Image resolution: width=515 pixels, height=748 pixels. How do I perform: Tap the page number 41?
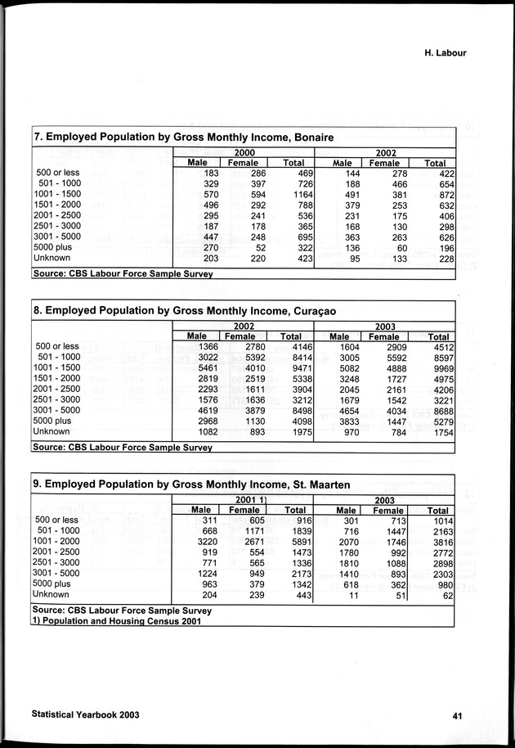point(458,715)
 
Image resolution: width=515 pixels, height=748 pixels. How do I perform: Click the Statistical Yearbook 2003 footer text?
point(85,714)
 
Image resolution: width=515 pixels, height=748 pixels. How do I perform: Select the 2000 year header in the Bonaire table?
point(244,152)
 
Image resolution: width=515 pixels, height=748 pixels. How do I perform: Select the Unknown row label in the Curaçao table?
point(51,431)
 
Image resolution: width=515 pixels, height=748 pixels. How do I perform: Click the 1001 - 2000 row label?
point(56,541)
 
